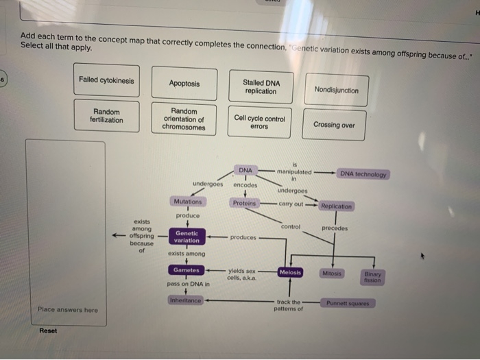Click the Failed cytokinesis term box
tap(106, 81)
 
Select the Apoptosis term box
tap(184, 84)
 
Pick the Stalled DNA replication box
tap(261, 87)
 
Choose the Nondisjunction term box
tap(336, 90)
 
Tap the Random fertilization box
tap(106, 116)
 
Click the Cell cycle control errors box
tap(260, 122)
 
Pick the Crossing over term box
tap(334, 125)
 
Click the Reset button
tap(49, 331)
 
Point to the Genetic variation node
tap(187, 237)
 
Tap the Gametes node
tap(187, 269)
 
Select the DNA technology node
tap(364, 174)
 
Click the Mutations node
tap(188, 202)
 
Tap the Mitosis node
tap(332, 273)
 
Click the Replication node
tap(336, 206)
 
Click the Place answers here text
tap(68, 310)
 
